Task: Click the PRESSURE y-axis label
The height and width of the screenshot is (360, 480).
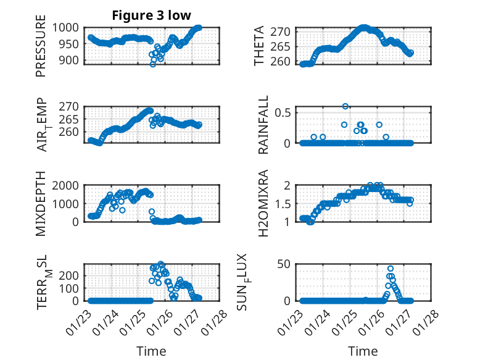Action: point(41,50)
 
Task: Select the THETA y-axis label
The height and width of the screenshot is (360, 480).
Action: point(259,46)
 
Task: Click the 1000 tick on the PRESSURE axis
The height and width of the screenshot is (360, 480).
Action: point(65,27)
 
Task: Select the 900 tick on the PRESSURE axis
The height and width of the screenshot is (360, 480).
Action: point(68,60)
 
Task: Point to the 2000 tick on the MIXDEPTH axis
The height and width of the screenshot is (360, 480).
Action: point(65,185)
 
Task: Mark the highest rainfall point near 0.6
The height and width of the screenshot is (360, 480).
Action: point(346,106)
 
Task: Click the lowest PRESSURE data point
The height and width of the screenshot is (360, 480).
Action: point(153,64)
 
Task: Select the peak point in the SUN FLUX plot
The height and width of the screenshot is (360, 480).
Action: point(391,269)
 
